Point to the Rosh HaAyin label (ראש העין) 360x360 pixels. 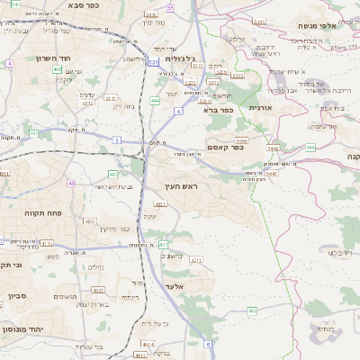(x=179, y=186)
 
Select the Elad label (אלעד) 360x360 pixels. (x=173, y=286)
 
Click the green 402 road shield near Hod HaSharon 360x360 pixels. (x=57, y=69)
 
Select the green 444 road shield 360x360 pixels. (x=155, y=101)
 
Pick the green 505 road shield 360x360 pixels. (x=310, y=147)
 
